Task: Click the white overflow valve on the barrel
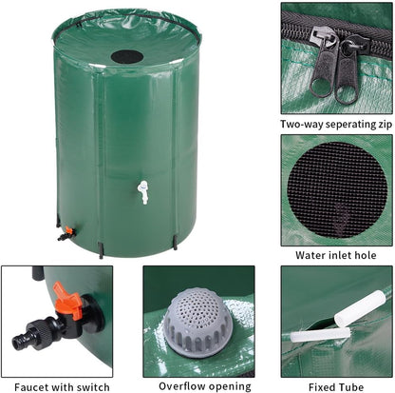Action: click(x=142, y=191)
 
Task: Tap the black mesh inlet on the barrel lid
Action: click(x=127, y=56)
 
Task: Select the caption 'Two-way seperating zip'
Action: click(x=337, y=124)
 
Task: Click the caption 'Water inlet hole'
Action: click(x=337, y=255)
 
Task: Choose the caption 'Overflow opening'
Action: click(x=197, y=386)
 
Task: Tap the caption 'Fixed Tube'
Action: click(x=338, y=386)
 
